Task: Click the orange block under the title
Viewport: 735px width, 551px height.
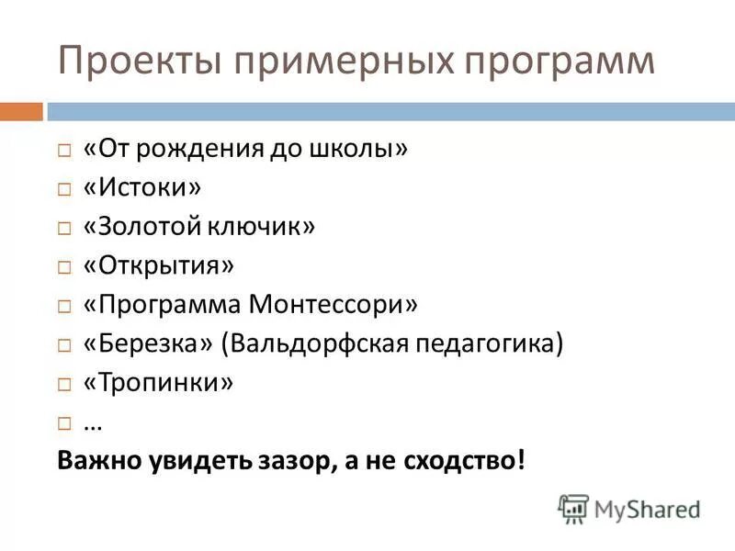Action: [x=21, y=111]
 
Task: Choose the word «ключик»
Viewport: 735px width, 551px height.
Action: [x=266, y=226]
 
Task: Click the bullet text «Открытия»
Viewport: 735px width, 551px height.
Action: [x=159, y=265]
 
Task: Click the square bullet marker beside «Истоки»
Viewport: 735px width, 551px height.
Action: [x=63, y=189]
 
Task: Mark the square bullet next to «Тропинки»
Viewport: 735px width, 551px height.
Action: [x=63, y=384]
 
